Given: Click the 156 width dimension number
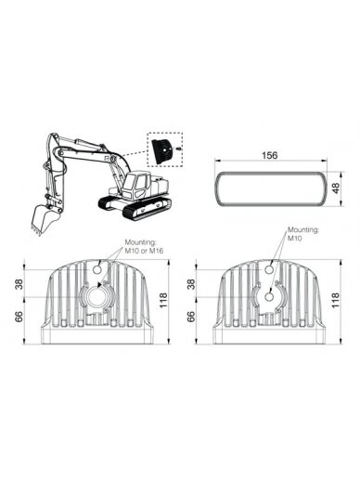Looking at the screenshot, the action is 270,155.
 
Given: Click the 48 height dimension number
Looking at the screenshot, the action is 335,188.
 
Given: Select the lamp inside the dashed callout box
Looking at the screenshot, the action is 161,151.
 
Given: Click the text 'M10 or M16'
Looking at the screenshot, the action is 144,251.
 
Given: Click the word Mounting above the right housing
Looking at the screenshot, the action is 303,230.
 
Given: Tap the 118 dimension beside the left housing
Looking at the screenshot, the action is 163,300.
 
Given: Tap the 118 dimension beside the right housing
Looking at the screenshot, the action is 335,300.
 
